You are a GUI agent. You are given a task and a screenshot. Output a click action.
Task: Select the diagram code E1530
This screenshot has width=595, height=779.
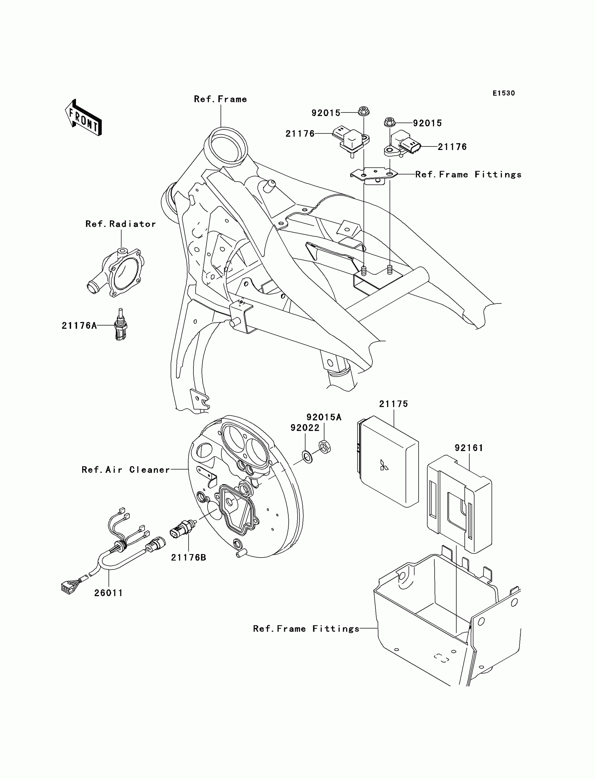point(504,93)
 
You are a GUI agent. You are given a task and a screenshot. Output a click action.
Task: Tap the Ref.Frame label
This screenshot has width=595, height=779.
point(220,99)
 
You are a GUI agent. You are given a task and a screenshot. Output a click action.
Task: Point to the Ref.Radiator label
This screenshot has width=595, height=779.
point(121,224)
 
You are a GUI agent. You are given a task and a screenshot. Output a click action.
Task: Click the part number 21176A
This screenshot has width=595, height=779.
point(79,326)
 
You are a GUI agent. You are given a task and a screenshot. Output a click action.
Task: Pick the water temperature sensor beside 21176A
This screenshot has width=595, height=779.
point(120,325)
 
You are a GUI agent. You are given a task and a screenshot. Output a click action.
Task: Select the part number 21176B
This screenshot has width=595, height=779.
point(188,558)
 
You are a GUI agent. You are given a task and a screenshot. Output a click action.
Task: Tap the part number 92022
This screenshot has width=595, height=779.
point(305,428)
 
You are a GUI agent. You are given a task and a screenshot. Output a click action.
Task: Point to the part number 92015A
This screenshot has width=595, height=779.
point(324,418)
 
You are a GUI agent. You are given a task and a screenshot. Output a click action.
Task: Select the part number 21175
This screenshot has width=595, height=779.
point(393,404)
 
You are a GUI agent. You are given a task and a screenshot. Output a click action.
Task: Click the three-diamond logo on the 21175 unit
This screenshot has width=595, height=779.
point(384,466)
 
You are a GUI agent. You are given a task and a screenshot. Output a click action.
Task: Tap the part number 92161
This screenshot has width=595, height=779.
point(469,448)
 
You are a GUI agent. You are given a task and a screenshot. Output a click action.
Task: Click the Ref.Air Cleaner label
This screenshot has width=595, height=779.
point(126,470)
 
